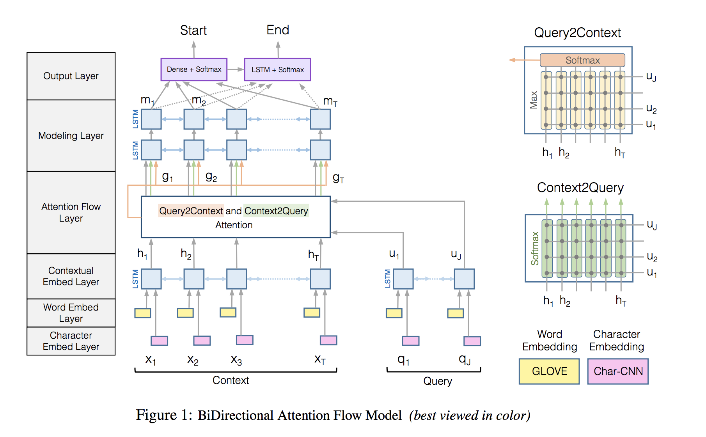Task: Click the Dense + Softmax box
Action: pyautogui.click(x=194, y=69)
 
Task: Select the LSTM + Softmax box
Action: pyautogui.click(x=277, y=69)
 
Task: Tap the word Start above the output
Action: pyautogui.click(x=193, y=30)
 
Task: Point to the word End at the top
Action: pyautogui.click(x=278, y=30)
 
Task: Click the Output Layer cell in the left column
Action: pyautogui.click(x=71, y=76)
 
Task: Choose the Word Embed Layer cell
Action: pyautogui.click(x=71, y=313)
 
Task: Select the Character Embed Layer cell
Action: pyautogui.click(x=71, y=341)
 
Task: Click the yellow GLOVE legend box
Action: pyautogui.click(x=549, y=371)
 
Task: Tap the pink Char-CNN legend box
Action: pyautogui.click(x=618, y=371)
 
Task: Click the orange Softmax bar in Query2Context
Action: pyautogui.click(x=582, y=60)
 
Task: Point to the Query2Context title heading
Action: pyautogui.click(x=577, y=33)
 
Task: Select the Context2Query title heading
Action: pyautogui.click(x=580, y=188)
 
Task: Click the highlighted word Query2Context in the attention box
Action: pyautogui.click(x=191, y=211)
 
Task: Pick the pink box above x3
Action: pyautogui.click(x=245, y=340)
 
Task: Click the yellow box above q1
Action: pyautogui.click(x=394, y=313)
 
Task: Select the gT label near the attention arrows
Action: pyautogui.click(x=338, y=179)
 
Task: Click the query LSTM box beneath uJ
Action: pyautogui.click(x=464, y=279)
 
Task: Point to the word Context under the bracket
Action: pyautogui.click(x=231, y=380)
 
